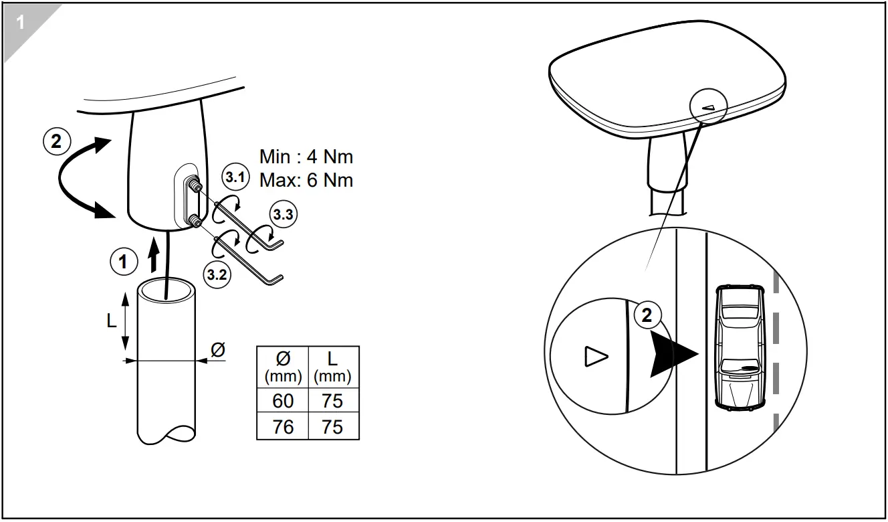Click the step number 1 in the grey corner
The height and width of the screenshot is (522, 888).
[x=19, y=23]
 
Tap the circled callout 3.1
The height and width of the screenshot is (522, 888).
[x=235, y=179]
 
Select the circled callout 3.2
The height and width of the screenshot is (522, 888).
[x=217, y=274]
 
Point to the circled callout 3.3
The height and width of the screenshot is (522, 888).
[x=282, y=215]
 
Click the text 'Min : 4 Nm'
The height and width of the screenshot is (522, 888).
[x=306, y=157]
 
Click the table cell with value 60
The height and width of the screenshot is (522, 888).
[x=283, y=401]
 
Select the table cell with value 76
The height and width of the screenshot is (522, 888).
[x=283, y=426]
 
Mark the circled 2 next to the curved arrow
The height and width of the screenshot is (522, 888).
[x=56, y=141]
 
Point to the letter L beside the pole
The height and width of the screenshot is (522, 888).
[x=112, y=321]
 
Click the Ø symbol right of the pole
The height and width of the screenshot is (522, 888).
[x=217, y=349]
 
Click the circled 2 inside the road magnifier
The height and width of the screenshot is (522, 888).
[x=647, y=315]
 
